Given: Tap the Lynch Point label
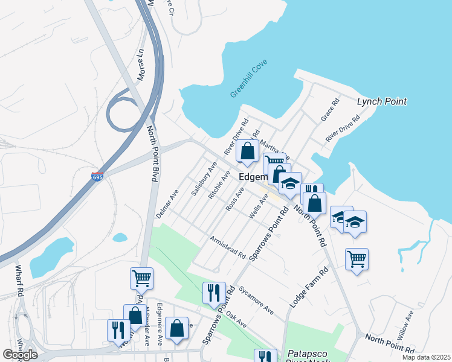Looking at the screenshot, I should pos(381,101).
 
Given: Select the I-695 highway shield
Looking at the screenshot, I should pos(97,177).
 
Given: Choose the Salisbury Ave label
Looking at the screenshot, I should pos(203,178).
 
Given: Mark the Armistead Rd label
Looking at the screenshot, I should pos(227,247).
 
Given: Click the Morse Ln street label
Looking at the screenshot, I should pos(141,65).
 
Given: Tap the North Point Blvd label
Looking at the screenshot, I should pos(152,153).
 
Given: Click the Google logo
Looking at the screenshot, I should pos(20,355).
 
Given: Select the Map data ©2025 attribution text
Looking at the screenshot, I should pos(426,357).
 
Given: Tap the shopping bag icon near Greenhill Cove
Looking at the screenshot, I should pos(247,150).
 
